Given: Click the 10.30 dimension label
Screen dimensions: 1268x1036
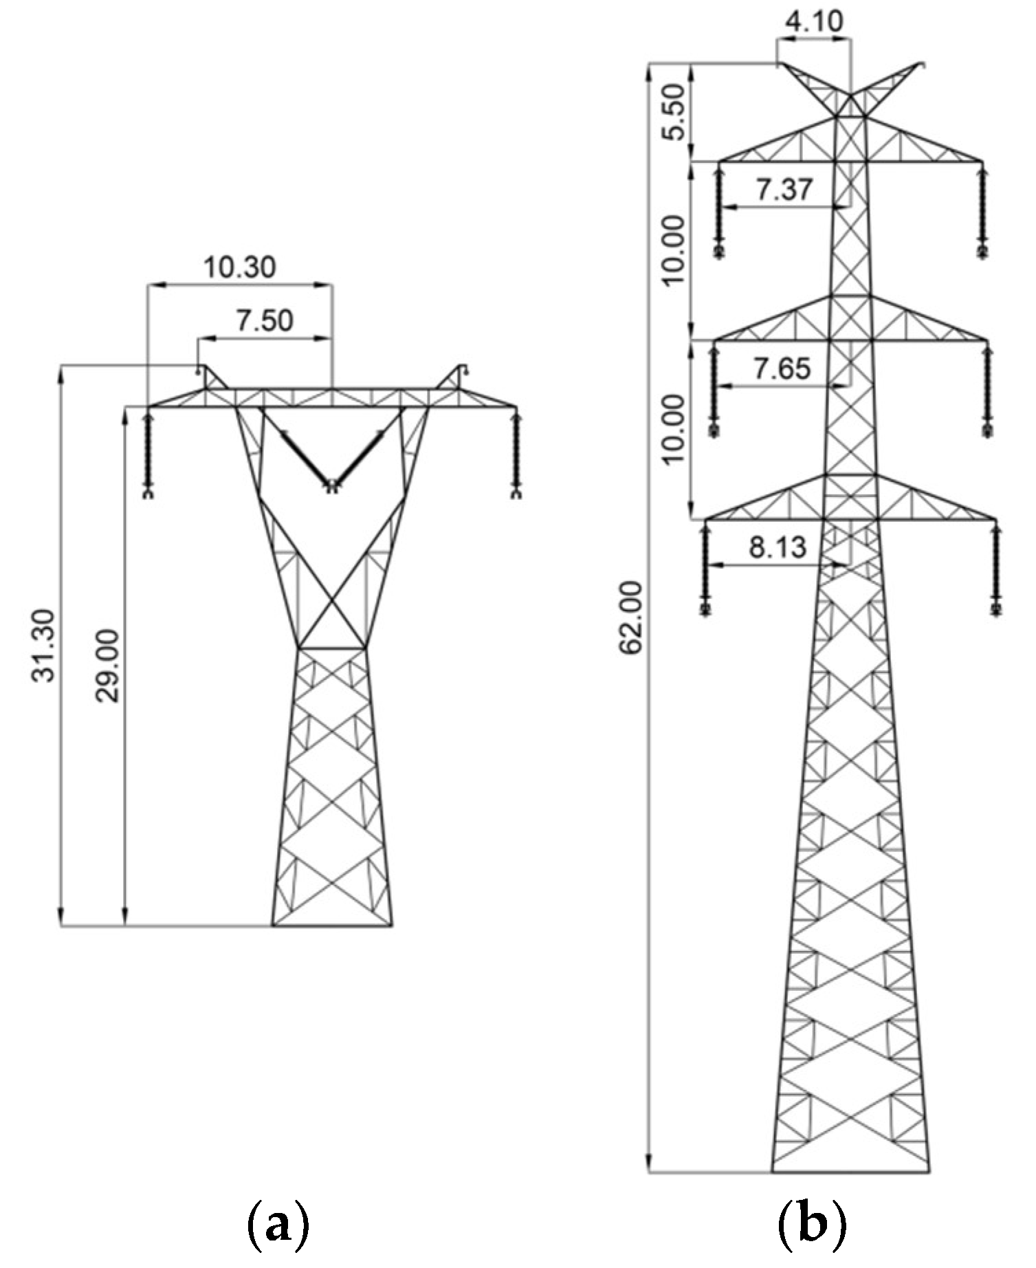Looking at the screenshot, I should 240,267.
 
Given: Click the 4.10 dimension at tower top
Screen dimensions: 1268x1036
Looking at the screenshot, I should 813,21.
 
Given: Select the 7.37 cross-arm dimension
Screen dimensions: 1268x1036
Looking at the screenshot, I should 785,189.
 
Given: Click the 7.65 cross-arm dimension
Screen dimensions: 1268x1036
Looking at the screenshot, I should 782,369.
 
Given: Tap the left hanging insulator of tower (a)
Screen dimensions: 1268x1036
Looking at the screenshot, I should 148,454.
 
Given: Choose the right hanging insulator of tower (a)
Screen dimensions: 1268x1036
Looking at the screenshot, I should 515,454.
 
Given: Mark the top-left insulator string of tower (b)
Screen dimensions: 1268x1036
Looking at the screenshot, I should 720,210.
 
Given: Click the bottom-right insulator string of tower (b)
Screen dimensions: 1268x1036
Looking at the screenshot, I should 995,567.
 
